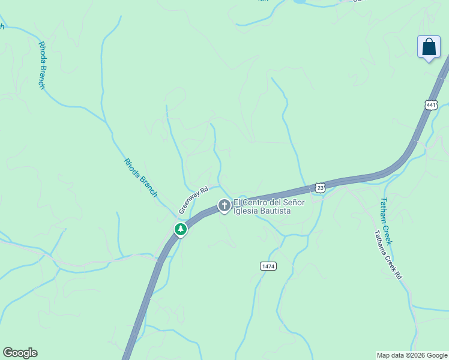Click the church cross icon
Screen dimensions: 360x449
[x=224, y=206]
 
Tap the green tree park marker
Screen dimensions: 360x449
[x=180, y=229]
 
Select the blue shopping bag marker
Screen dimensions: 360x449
[x=429, y=47]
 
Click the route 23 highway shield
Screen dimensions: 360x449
[x=320, y=188]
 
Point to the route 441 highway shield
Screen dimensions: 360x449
[x=431, y=105]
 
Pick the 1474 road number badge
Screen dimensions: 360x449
[x=268, y=266]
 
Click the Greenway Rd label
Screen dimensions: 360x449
[x=193, y=200]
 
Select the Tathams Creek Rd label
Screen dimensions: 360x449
[x=388, y=255]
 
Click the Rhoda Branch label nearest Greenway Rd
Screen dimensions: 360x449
[x=140, y=178]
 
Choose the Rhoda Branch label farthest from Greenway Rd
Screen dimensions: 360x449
[x=42, y=65]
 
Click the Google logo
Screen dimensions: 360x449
[x=20, y=353]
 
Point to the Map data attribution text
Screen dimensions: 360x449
[x=412, y=355]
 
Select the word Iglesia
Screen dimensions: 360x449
[x=246, y=211]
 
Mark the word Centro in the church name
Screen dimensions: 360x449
[x=254, y=203]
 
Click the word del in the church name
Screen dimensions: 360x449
[x=273, y=203]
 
